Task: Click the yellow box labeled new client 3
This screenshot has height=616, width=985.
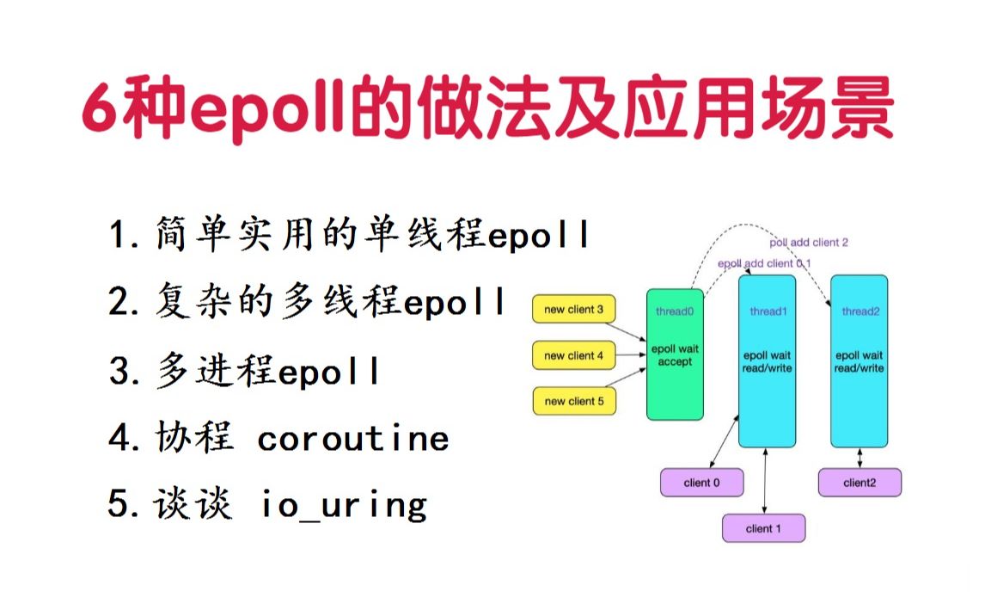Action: (x=574, y=309)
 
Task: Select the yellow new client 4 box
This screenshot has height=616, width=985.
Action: (x=574, y=355)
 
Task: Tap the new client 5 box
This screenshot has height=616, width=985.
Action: (x=574, y=401)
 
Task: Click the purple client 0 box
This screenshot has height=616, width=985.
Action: (x=701, y=483)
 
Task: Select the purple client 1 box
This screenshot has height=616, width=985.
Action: (x=764, y=528)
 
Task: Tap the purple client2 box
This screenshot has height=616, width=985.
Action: (x=860, y=483)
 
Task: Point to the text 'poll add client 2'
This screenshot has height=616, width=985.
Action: (x=809, y=243)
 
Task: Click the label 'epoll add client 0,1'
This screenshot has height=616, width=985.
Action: (x=764, y=263)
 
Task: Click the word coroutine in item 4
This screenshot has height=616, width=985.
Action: (x=353, y=439)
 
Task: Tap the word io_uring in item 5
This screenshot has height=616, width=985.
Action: (x=344, y=505)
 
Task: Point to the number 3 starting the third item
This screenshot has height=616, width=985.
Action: (x=119, y=373)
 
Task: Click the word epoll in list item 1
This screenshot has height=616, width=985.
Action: (x=540, y=235)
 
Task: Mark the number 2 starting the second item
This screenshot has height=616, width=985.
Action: (x=119, y=304)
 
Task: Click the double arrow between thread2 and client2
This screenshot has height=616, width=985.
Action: (x=860, y=458)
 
